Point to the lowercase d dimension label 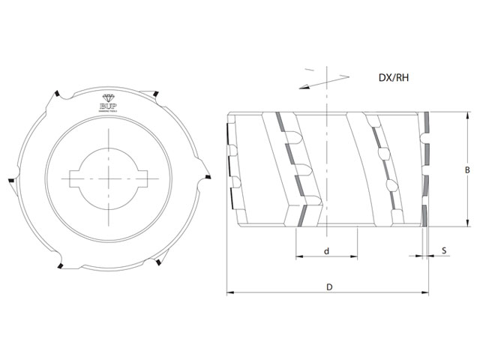tap(327, 250)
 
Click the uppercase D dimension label tap(329, 286)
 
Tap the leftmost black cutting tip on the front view tap(13, 181)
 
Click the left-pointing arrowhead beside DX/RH tap(301, 88)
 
